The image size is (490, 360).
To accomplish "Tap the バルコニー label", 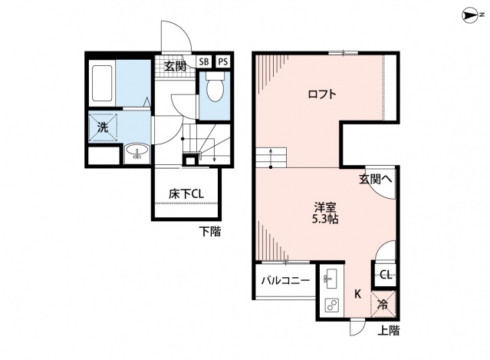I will [284, 281].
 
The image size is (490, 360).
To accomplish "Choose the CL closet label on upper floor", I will [385, 274].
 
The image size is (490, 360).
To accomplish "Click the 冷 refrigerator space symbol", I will [385, 302].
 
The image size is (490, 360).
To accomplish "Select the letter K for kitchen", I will [357, 292].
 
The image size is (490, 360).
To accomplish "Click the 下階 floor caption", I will [209, 230].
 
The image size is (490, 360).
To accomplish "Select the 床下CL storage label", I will [186, 195].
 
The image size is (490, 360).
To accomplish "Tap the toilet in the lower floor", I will [215, 93].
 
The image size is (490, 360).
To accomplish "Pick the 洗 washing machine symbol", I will [103, 127].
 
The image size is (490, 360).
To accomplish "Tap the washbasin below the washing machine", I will [137, 150].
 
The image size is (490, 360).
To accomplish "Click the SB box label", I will [204, 61].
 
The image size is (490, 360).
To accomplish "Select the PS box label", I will [222, 61].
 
